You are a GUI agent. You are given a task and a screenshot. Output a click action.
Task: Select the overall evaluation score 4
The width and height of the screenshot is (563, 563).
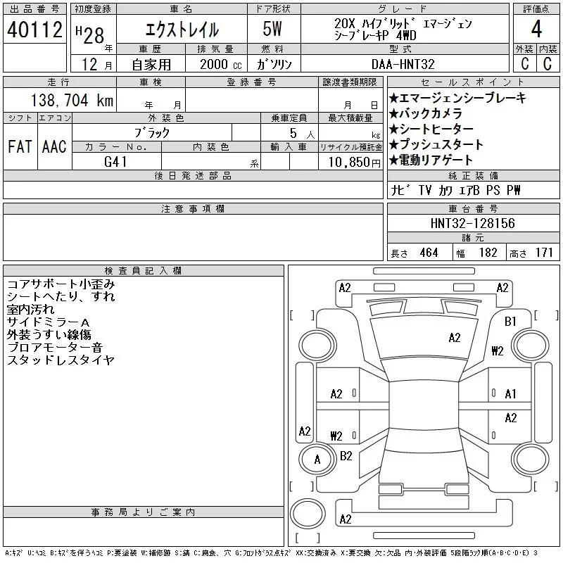536,30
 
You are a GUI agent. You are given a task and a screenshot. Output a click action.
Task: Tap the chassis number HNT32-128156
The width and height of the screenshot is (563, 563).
472,223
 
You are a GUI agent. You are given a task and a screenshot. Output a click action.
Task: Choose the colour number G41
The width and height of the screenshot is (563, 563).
116,161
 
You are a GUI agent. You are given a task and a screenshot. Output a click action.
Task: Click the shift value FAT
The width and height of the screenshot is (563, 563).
20,146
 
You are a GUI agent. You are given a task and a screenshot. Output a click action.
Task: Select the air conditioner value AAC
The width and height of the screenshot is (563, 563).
54,146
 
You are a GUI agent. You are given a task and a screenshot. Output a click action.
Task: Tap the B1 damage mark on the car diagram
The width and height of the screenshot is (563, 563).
511,321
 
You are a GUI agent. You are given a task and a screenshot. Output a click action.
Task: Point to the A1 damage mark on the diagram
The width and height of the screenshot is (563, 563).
511,394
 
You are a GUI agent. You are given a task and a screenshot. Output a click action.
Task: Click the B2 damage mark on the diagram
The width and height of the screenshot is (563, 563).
346,456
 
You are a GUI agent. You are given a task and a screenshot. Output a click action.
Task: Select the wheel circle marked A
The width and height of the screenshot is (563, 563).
317,460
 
